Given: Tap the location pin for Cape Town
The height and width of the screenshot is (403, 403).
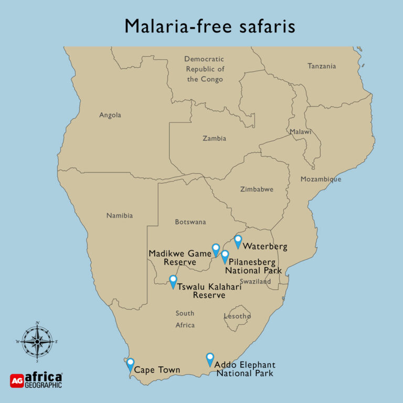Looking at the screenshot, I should (x=130, y=363).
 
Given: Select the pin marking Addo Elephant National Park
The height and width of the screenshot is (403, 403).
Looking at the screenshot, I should (x=210, y=358).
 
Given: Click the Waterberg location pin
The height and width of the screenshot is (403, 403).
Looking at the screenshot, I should (x=238, y=240).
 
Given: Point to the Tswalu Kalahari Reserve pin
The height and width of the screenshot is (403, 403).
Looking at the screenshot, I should (x=173, y=281).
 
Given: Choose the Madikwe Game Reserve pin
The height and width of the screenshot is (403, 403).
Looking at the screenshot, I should (x=215, y=249).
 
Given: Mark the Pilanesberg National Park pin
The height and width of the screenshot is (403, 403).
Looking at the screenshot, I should (x=225, y=256).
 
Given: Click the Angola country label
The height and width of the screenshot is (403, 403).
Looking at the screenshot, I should (x=110, y=115).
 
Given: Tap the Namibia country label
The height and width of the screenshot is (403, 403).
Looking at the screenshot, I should (x=120, y=215).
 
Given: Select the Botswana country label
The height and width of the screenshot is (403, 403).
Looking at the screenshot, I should (x=190, y=222).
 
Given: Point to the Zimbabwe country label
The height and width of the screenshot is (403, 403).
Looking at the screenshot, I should (x=257, y=189).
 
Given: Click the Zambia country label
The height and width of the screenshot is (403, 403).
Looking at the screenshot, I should (x=214, y=139).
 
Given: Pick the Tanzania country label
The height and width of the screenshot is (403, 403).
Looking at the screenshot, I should (x=322, y=66).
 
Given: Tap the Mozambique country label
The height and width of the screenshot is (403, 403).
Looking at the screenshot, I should (x=321, y=179).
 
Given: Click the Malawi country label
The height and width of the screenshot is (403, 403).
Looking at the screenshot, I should (x=300, y=132).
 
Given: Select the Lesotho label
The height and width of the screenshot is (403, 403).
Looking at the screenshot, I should (x=237, y=316).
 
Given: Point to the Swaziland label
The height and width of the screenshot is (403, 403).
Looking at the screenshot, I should (x=256, y=281).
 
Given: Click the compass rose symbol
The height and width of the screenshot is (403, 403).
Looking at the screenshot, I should (x=37, y=342).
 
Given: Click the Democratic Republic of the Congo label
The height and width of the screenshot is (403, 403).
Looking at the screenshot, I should (x=205, y=69).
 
